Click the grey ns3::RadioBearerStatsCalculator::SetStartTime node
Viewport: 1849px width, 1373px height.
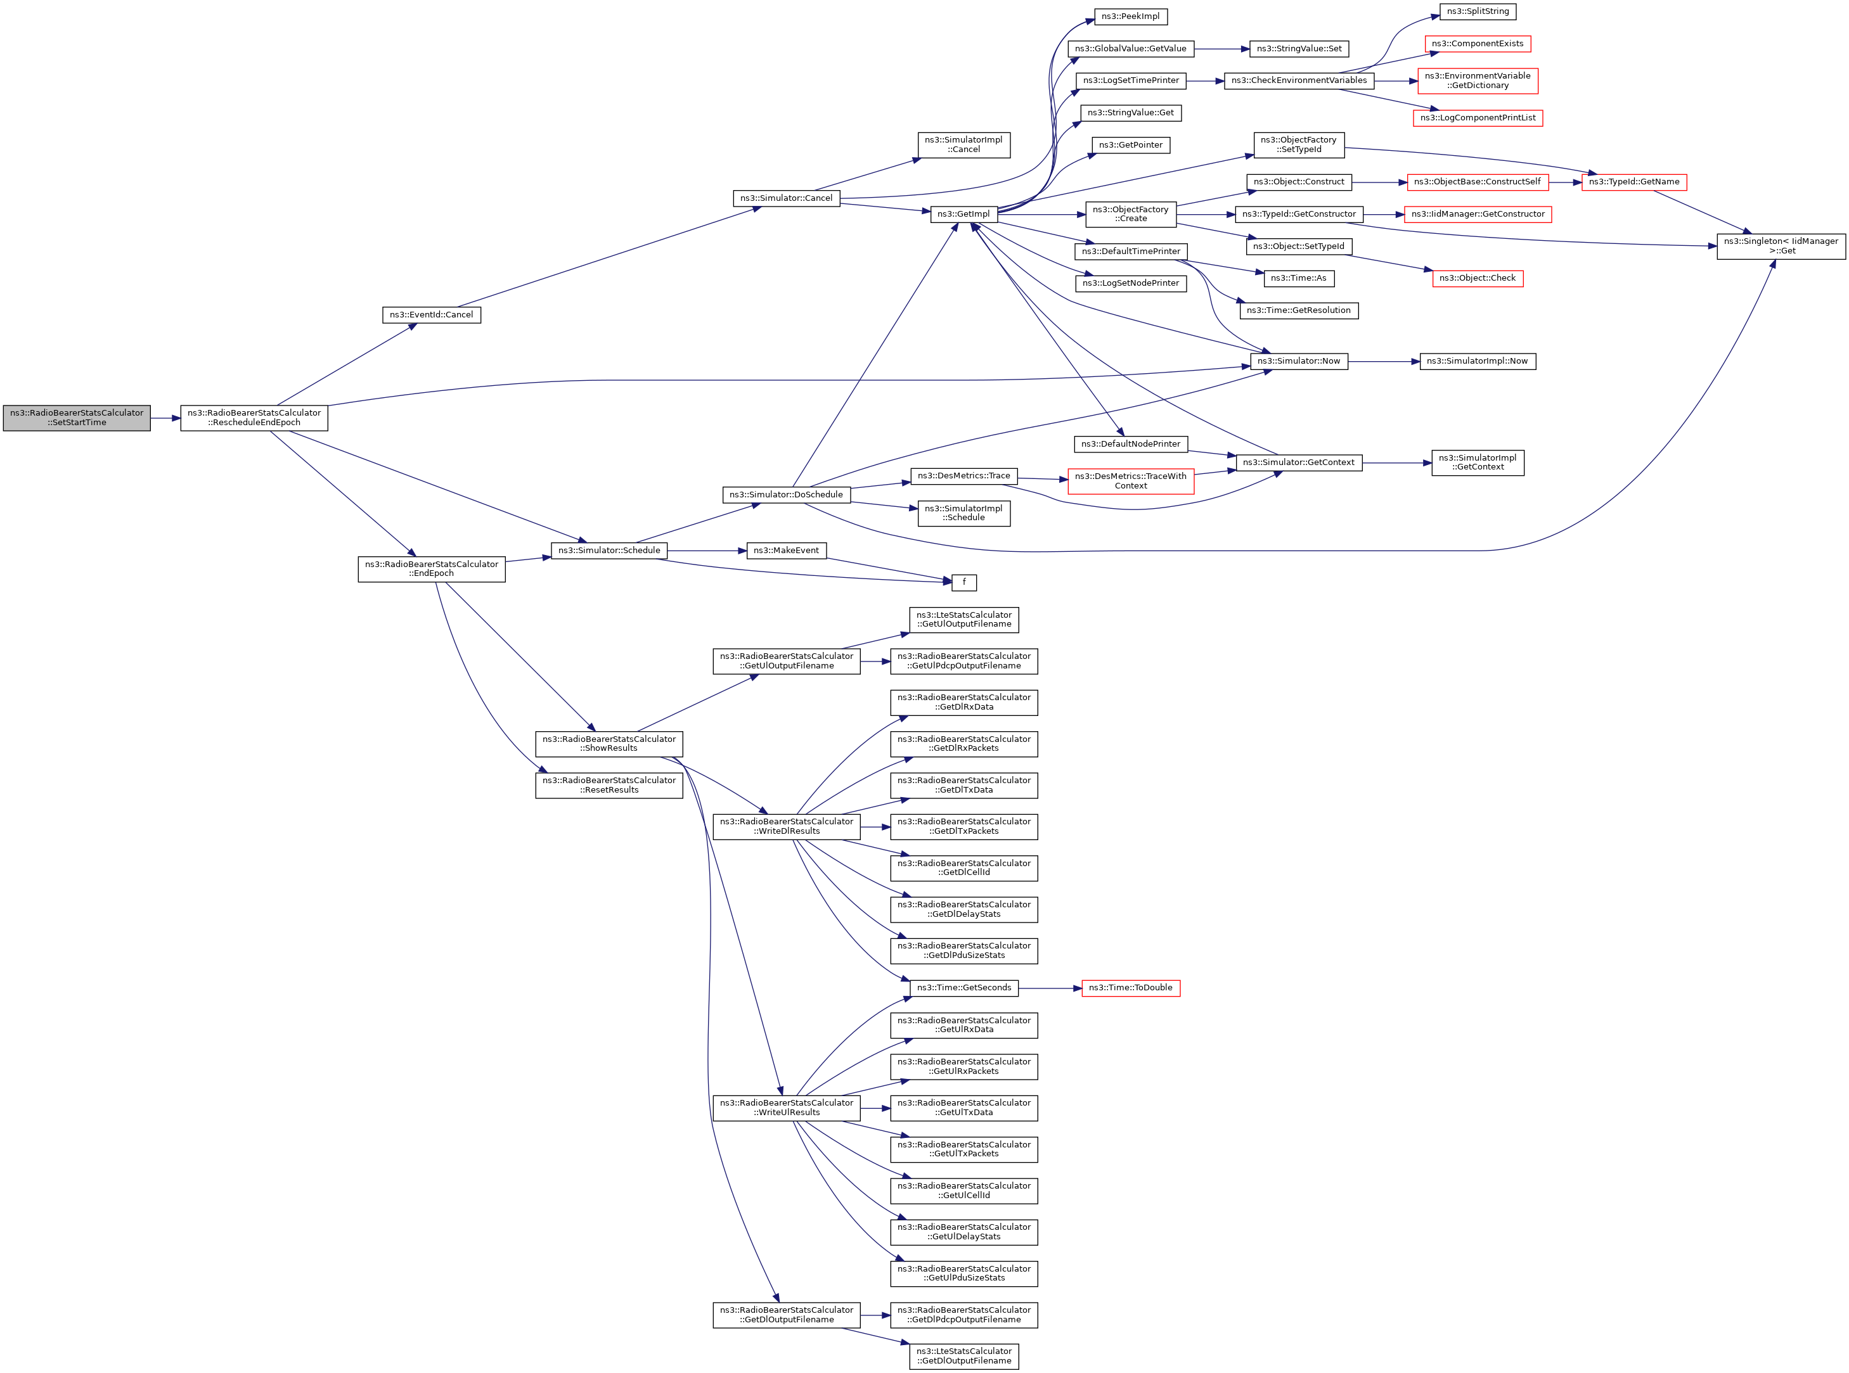tap(77, 418)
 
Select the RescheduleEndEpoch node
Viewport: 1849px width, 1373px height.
tap(254, 418)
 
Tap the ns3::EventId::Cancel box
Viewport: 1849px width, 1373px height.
tap(432, 315)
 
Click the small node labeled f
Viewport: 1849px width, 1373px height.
tap(963, 583)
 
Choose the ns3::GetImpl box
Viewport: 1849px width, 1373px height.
tap(963, 214)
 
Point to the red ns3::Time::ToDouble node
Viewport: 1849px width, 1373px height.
tap(1131, 988)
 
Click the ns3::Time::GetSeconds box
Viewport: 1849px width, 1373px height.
tap(963, 988)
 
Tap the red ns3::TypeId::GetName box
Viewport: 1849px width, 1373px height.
tap(1633, 182)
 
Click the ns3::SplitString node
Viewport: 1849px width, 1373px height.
tap(1478, 11)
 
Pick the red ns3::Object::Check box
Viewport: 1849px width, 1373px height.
tap(1478, 278)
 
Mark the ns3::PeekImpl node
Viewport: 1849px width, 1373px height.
tap(1131, 16)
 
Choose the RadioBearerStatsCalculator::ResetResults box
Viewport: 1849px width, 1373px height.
tap(609, 786)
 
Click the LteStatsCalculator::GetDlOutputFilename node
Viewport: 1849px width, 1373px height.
tap(963, 1357)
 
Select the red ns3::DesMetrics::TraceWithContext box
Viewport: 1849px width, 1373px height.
tap(1131, 481)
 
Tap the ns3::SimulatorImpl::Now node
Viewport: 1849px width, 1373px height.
tap(1478, 362)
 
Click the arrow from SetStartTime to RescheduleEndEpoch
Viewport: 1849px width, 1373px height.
tap(165, 418)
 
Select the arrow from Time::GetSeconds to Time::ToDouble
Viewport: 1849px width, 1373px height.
tap(1049, 988)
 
